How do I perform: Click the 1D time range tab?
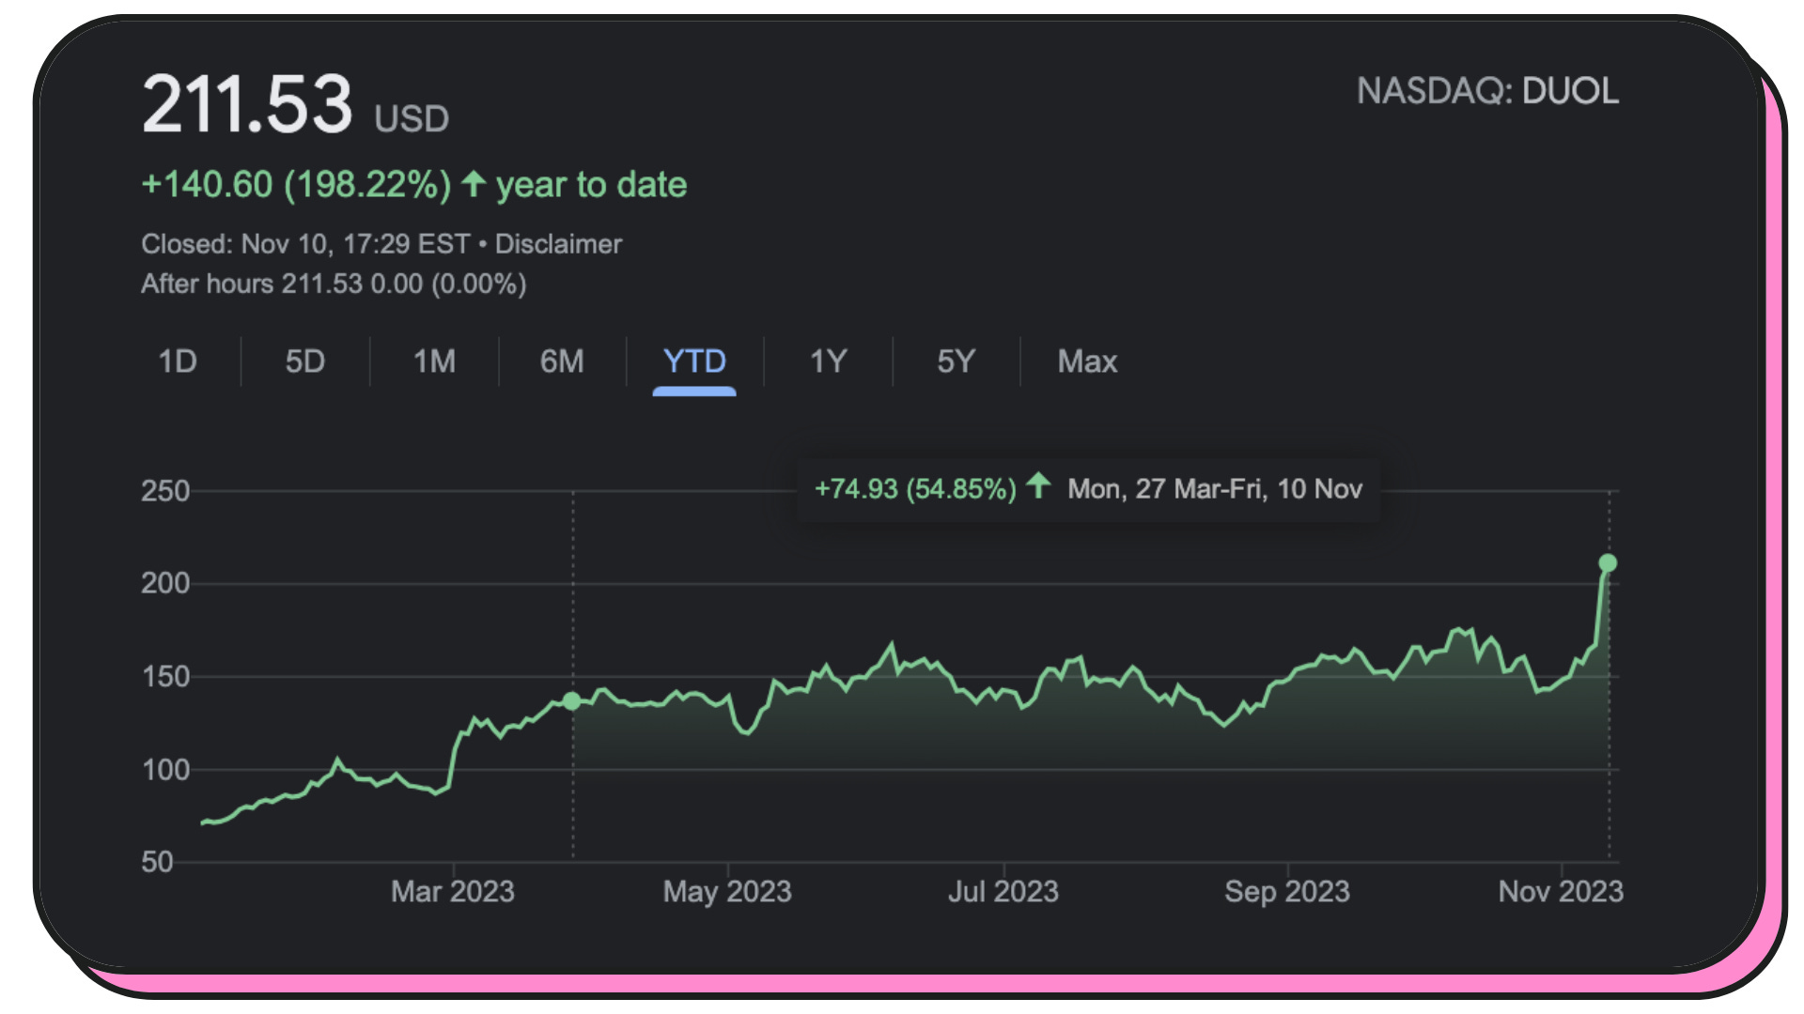pyautogui.click(x=178, y=361)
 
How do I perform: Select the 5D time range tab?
pyautogui.click(x=305, y=361)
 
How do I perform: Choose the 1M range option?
pyautogui.click(x=434, y=361)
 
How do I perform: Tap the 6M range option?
pyautogui.click(x=562, y=361)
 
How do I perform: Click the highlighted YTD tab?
pyautogui.click(x=694, y=361)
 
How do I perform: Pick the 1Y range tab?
pyautogui.click(x=828, y=361)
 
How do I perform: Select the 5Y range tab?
pyautogui.click(x=956, y=361)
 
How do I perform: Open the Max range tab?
pyautogui.click(x=1087, y=361)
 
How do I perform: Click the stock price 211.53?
pyautogui.click(x=247, y=104)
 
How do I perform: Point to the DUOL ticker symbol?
pyautogui.click(x=1570, y=91)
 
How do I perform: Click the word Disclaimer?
pyautogui.click(x=558, y=244)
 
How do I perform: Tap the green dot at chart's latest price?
pyautogui.click(x=1608, y=563)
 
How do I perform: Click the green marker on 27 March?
pyautogui.click(x=572, y=701)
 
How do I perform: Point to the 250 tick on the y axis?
pyautogui.click(x=165, y=491)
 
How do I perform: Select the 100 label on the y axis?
pyautogui.click(x=165, y=770)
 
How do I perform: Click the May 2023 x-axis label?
pyautogui.click(x=727, y=891)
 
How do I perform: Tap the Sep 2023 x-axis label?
pyautogui.click(x=1286, y=891)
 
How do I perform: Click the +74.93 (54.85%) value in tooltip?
pyautogui.click(x=915, y=489)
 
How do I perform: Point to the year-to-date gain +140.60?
pyautogui.click(x=207, y=185)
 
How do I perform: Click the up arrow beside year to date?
pyautogui.click(x=474, y=183)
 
